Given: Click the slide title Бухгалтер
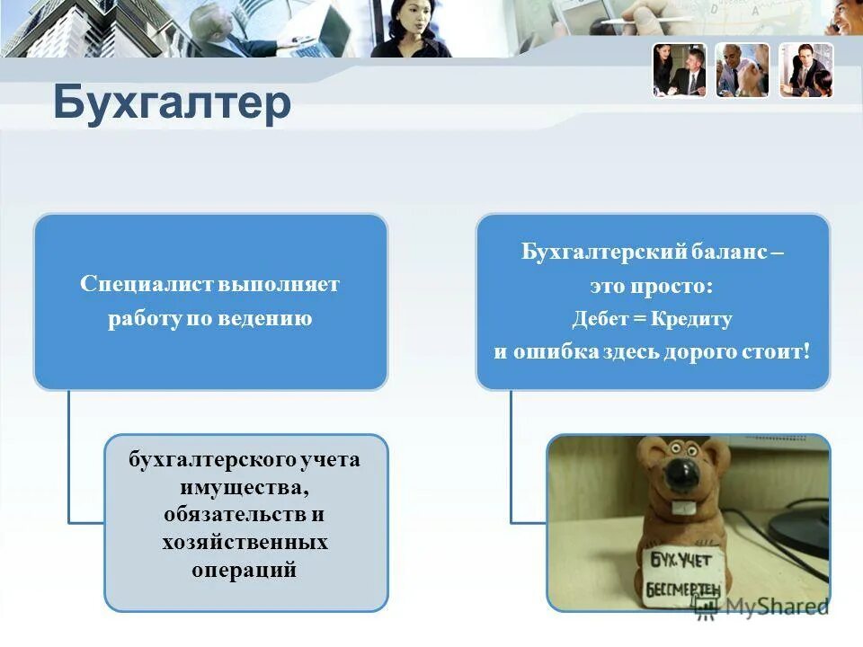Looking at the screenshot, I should tap(172, 103).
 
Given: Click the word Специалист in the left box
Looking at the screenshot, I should tap(146, 285).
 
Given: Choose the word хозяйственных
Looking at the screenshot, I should tap(245, 543).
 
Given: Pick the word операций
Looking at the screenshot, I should tap(245, 571).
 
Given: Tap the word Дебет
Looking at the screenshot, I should tap(599, 319).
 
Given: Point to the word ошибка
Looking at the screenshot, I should tap(553, 351).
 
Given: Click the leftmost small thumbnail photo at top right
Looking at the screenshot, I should tap(680, 70).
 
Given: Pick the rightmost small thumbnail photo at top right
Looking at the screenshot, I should tap(805, 70).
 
